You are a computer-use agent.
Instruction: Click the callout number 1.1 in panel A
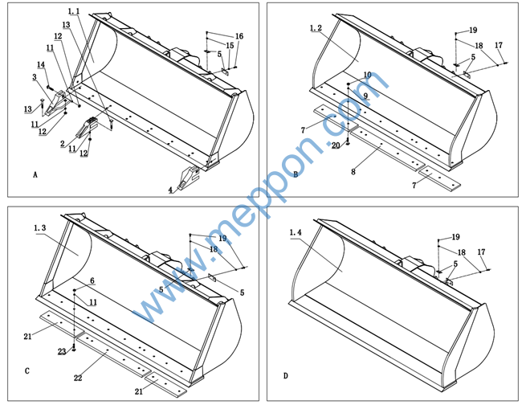(x=74, y=11)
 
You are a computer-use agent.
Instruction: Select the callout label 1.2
(x=316, y=28)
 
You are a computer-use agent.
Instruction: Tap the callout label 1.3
(x=39, y=228)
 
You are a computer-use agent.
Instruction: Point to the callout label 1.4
(x=296, y=232)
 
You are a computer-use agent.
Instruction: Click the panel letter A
(x=35, y=175)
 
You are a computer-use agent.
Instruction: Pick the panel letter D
(x=285, y=376)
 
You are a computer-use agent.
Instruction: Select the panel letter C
(x=27, y=371)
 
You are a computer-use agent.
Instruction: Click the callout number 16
(x=239, y=36)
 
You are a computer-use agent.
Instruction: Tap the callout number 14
(x=41, y=64)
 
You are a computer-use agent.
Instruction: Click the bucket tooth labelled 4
(x=189, y=177)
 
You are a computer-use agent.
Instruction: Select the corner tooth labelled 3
(x=55, y=103)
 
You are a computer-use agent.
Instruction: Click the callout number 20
(x=336, y=145)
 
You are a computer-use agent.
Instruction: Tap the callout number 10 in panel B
(x=367, y=75)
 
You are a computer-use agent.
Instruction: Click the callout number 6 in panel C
(x=92, y=281)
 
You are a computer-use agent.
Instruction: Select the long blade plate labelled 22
(x=113, y=355)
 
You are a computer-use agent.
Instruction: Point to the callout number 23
(x=62, y=352)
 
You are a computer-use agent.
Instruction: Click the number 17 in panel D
(x=481, y=252)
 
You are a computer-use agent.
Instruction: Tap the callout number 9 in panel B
(x=365, y=96)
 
